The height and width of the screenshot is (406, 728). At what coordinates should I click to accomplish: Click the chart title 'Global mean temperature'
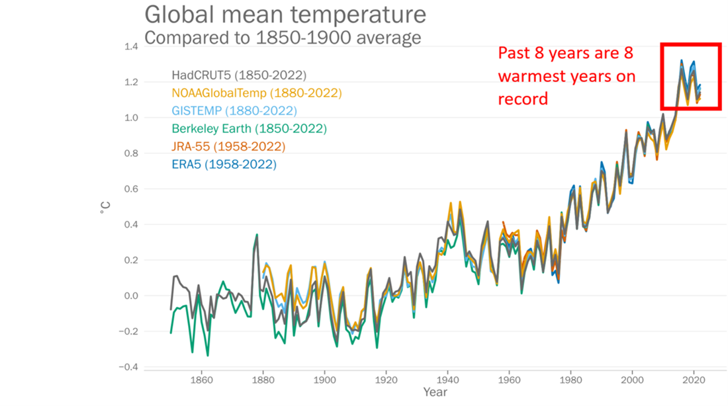coord(285,14)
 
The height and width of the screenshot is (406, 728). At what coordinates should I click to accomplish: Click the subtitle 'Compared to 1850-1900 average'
coord(283,38)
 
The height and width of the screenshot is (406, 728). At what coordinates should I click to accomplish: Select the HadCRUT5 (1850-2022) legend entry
coord(239,75)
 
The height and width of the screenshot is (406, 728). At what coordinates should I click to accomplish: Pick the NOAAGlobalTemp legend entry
coord(256,93)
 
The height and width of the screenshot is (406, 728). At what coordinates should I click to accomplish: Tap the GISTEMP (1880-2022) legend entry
coord(234,111)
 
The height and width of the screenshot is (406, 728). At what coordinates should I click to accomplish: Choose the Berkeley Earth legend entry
coord(249,128)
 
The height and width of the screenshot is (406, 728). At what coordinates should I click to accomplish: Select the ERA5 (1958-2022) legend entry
coord(224,164)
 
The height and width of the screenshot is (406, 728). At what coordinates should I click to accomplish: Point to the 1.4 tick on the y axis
coord(130,47)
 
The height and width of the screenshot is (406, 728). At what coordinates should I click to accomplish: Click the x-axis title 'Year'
coord(435,393)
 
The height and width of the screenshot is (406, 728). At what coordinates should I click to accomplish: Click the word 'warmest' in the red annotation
coord(531,76)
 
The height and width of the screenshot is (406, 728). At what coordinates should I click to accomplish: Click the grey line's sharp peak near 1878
coord(257,235)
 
